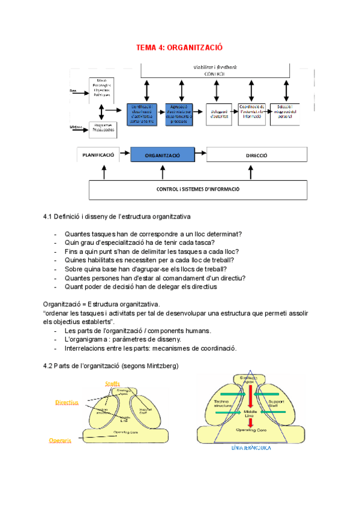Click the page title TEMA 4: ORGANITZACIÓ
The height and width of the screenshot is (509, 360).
point(179,47)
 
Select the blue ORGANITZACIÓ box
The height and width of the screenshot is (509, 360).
point(162,155)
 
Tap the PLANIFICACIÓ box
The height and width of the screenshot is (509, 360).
point(98,155)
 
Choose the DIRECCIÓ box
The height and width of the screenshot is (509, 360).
point(256,155)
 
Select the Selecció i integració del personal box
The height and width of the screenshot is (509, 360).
point(284,113)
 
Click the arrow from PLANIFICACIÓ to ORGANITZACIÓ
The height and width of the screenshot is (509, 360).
point(125,155)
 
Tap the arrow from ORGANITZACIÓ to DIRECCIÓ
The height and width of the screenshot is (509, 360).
point(200,155)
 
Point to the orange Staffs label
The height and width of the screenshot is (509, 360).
point(112,384)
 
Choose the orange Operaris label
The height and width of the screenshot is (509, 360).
point(60,440)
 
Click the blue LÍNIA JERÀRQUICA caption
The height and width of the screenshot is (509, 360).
point(251,448)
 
